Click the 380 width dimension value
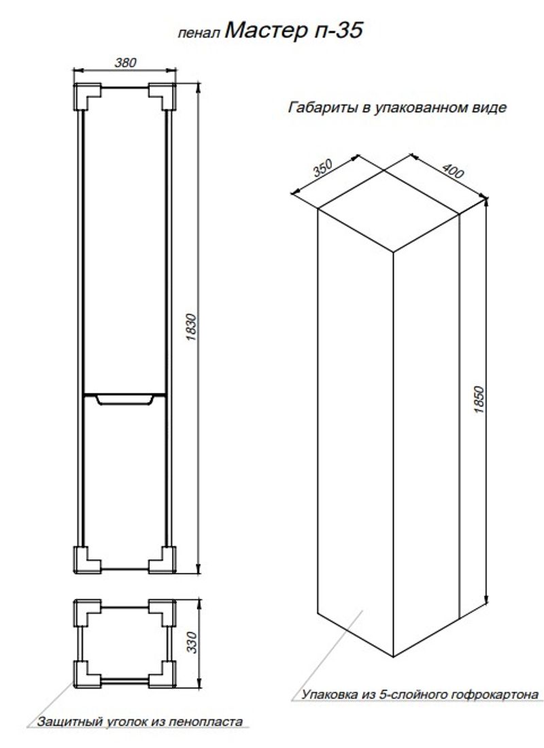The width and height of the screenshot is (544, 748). pyautogui.click(x=125, y=62)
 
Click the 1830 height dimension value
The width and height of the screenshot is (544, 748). pyautogui.click(x=191, y=327)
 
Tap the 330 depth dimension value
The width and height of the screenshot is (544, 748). pyautogui.click(x=191, y=642)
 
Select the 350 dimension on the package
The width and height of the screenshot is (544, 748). pyautogui.click(x=322, y=168)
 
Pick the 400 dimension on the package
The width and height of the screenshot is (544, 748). pyautogui.click(x=452, y=170)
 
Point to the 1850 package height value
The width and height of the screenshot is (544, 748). pyautogui.click(x=479, y=400)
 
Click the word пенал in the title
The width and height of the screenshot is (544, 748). pyautogui.click(x=199, y=33)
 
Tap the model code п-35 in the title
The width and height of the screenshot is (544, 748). pyautogui.click(x=339, y=31)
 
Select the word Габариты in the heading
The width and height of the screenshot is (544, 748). pyautogui.click(x=323, y=108)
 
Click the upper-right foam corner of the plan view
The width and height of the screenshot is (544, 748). pyautogui.click(x=163, y=613)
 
